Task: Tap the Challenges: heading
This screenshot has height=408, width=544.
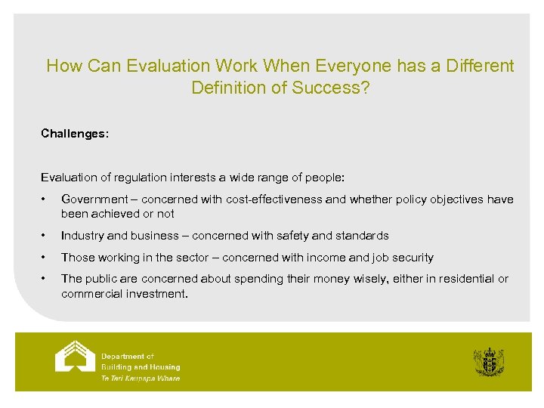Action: (75, 133)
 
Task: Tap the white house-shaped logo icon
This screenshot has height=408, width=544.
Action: (75, 356)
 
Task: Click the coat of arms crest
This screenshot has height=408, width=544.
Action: (488, 362)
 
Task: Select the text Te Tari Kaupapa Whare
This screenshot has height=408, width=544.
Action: (141, 378)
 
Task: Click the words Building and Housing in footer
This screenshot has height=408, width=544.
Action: (141, 367)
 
